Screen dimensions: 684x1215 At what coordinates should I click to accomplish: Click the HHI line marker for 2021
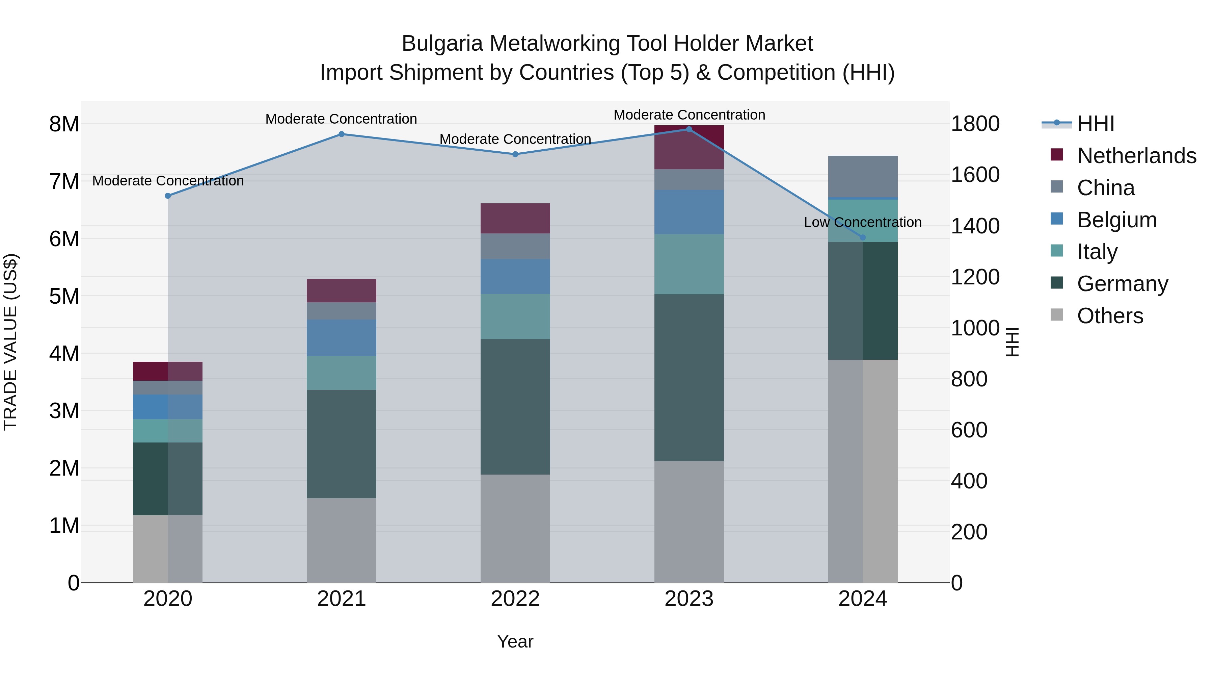(x=342, y=134)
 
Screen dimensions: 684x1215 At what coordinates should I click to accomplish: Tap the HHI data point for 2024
(x=863, y=237)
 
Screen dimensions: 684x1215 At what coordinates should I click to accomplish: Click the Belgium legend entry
(x=1116, y=220)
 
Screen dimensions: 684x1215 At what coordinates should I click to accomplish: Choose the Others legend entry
(x=1109, y=316)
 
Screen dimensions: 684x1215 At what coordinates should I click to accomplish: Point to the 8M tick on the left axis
(x=64, y=124)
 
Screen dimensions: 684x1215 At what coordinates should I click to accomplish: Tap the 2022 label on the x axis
(x=515, y=599)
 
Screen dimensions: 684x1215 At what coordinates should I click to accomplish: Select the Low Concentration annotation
(x=862, y=222)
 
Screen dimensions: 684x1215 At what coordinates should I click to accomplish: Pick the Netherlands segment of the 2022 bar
(x=515, y=219)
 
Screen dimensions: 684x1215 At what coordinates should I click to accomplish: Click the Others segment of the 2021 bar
(x=342, y=540)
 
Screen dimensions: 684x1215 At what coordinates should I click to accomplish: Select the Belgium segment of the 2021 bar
(x=342, y=338)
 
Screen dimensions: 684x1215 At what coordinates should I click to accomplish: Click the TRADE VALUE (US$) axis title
(x=10, y=342)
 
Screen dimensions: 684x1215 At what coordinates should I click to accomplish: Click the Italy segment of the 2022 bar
(x=515, y=317)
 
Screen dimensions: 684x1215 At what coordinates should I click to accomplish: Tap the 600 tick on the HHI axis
(x=969, y=430)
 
